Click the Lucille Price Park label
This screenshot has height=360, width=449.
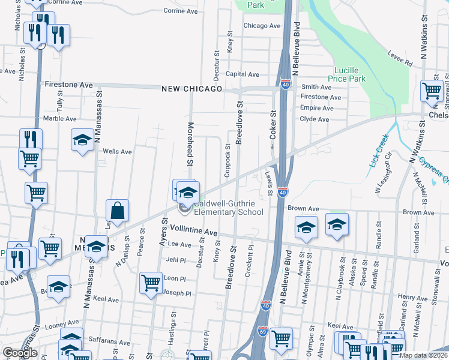coord(349,74)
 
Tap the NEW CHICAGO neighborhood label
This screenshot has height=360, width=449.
coord(191,89)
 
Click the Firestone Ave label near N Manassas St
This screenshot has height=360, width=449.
coord(69,85)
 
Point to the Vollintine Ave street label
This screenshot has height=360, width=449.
coord(193,230)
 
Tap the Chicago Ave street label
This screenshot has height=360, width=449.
coord(262,26)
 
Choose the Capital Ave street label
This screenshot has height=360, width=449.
coord(242,74)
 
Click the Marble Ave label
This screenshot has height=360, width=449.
coord(59,119)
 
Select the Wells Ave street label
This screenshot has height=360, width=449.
coord(117,152)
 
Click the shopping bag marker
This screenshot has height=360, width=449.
coord(117,211)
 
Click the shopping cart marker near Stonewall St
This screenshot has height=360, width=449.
coord(432,91)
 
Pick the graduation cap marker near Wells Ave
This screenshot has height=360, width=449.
coord(83,140)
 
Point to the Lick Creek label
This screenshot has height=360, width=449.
coord(378,159)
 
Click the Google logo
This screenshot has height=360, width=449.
coord(20,353)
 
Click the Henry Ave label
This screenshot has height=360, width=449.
coord(412,298)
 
